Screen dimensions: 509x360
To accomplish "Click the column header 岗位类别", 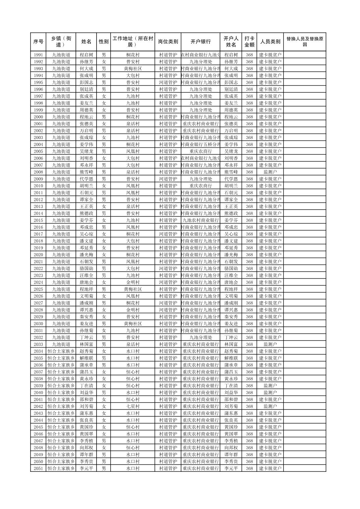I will (168, 42).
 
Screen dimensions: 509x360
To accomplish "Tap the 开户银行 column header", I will (200, 42).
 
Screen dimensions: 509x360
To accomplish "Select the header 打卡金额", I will (249, 42).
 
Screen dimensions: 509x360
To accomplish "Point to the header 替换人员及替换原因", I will (304, 42).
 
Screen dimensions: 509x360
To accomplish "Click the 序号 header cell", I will (38, 42).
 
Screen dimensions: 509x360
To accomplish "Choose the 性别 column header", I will (104, 42).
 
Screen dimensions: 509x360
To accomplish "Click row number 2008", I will (38, 172).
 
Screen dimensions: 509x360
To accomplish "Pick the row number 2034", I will (38, 351).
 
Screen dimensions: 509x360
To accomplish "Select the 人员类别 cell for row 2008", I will (270, 172).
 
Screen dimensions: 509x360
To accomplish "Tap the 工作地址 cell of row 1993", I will (133, 69).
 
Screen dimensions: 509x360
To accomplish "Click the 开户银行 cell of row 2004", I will (200, 144).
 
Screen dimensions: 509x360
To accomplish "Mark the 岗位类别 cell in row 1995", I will (168, 82).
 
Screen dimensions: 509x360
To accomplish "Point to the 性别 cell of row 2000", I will (104, 117).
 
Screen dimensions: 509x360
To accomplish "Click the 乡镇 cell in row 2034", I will (61, 351).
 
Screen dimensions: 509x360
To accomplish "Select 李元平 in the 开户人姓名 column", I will (231, 468).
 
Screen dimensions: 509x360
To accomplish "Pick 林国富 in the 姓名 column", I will (86, 344).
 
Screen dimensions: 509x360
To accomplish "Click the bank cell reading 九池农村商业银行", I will (200, 220).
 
